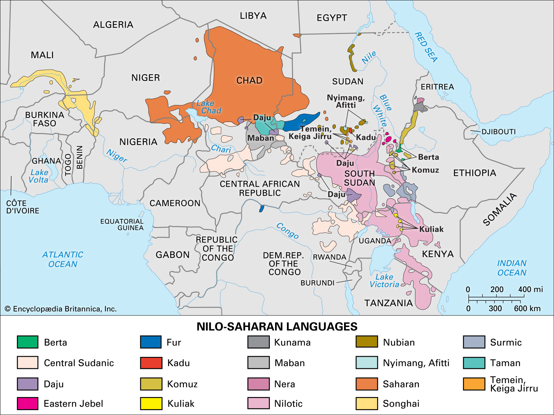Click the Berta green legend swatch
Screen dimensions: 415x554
click(x=27, y=342)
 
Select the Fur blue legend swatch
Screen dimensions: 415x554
click(x=151, y=342)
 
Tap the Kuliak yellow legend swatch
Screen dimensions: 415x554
click(x=151, y=404)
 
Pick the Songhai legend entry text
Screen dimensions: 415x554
click(x=401, y=404)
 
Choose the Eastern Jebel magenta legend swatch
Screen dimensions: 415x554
click(x=27, y=404)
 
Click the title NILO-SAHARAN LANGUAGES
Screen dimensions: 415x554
click(x=277, y=327)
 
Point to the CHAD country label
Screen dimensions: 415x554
click(x=249, y=80)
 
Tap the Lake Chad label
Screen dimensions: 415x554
click(x=209, y=107)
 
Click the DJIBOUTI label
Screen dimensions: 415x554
click(x=498, y=132)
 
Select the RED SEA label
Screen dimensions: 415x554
click(x=426, y=47)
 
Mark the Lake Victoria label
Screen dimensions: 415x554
click(x=384, y=281)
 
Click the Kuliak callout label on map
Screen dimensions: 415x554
click(x=431, y=229)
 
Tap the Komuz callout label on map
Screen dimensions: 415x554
click(x=425, y=170)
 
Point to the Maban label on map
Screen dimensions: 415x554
click(x=261, y=138)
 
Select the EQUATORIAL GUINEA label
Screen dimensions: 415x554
click(x=122, y=224)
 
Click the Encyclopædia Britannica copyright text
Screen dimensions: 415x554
click(x=61, y=309)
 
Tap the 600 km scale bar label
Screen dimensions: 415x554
click(x=527, y=308)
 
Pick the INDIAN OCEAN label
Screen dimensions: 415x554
click(x=512, y=268)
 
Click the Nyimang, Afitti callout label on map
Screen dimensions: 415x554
click(x=346, y=101)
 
